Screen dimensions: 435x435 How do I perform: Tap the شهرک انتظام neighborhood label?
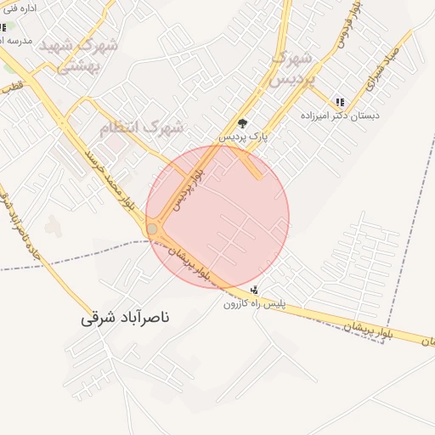[x=141, y=128]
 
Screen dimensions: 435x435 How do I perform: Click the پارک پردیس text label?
[x=244, y=136]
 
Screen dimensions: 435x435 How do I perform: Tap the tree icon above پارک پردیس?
[x=242, y=122]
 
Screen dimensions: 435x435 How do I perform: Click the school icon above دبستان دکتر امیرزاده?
[x=340, y=101]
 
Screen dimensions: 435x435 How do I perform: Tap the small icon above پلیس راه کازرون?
[x=254, y=290]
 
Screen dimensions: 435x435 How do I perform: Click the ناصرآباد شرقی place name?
[x=126, y=319]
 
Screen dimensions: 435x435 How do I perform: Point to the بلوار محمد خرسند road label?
[x=110, y=180]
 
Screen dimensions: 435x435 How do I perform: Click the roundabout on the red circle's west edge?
[x=153, y=229]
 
